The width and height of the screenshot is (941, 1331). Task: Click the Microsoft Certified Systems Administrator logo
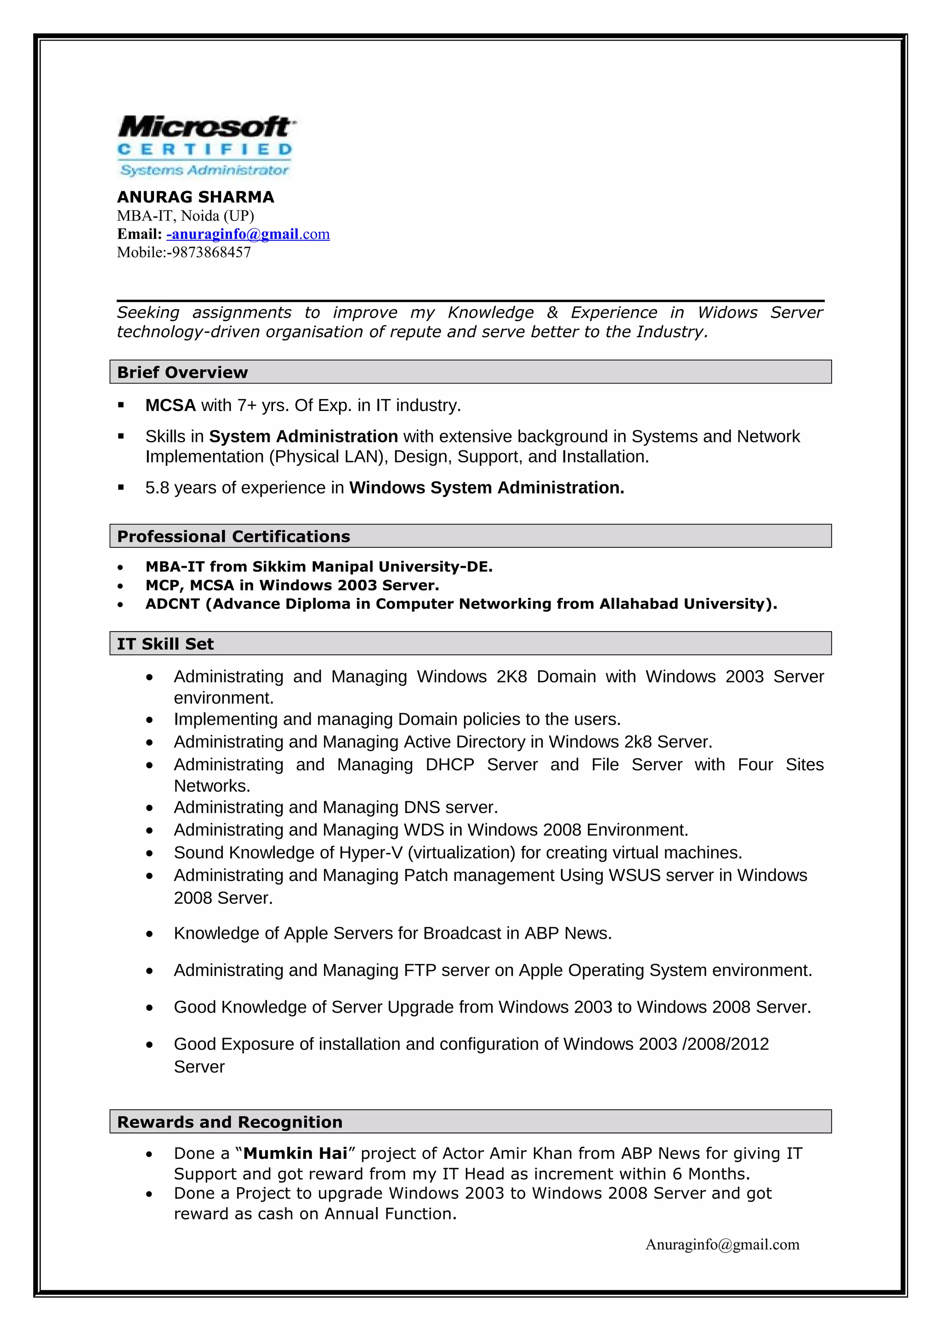206,146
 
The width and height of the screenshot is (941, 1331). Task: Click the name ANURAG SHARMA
195,197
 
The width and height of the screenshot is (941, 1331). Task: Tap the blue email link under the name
248,234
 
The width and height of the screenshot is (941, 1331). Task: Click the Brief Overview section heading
182,372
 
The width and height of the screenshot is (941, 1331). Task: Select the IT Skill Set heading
165,644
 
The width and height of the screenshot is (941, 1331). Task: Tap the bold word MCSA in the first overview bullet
170,405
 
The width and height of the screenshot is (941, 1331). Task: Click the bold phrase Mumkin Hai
295,1153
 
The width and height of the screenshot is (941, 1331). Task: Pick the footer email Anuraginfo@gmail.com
722,1244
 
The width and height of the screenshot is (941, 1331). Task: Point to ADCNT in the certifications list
172,604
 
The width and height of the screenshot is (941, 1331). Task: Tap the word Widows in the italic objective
727,312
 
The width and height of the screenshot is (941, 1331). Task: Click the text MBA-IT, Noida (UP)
186,216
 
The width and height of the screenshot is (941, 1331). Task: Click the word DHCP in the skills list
449,765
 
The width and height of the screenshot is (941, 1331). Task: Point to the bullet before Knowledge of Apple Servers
150,934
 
